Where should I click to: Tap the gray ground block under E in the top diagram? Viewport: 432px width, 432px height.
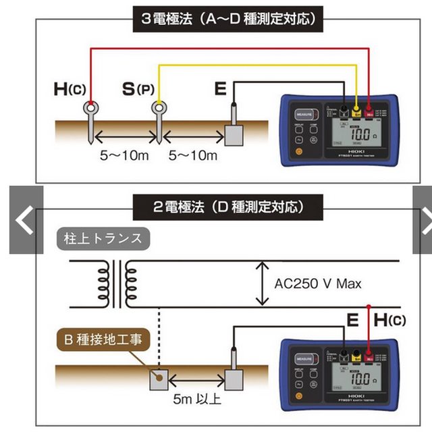(x=233, y=135)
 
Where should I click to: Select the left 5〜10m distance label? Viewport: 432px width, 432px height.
(x=126, y=156)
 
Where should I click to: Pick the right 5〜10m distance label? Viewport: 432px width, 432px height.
(x=193, y=156)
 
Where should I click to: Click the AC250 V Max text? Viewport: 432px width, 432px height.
(x=319, y=283)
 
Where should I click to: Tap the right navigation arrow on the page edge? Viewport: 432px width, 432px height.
(x=423, y=221)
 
